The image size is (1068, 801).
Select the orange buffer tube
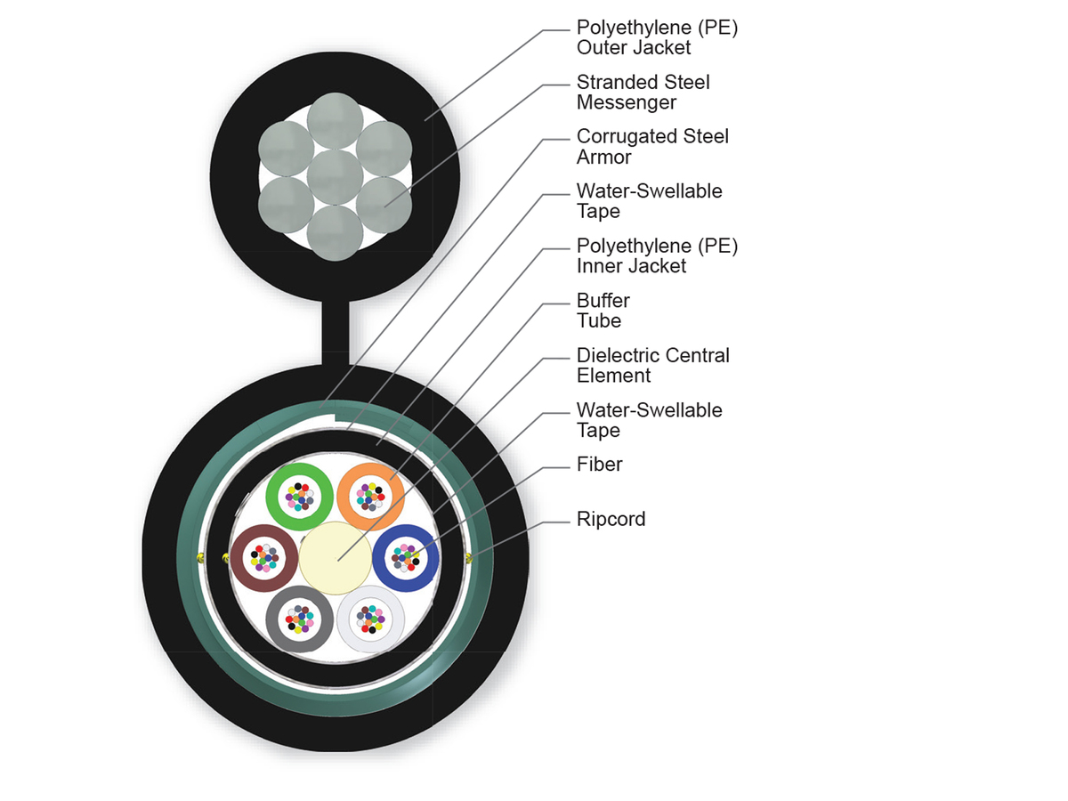[392, 497]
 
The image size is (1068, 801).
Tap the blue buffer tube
[430, 558]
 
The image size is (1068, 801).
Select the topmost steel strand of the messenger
[335, 119]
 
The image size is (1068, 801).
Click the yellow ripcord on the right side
[469, 558]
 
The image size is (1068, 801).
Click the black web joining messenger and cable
[335, 334]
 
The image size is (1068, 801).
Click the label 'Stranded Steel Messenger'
[643, 93]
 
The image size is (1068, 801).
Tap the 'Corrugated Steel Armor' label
[651, 147]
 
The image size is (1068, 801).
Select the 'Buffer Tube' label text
[603, 311]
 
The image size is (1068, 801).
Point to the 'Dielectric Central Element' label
[652, 365]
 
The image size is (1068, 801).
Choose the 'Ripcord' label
[611, 519]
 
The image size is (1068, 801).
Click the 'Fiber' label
[599, 464]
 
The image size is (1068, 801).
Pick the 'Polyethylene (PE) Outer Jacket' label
[657, 37]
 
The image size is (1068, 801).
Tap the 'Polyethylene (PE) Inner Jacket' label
[657, 255]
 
